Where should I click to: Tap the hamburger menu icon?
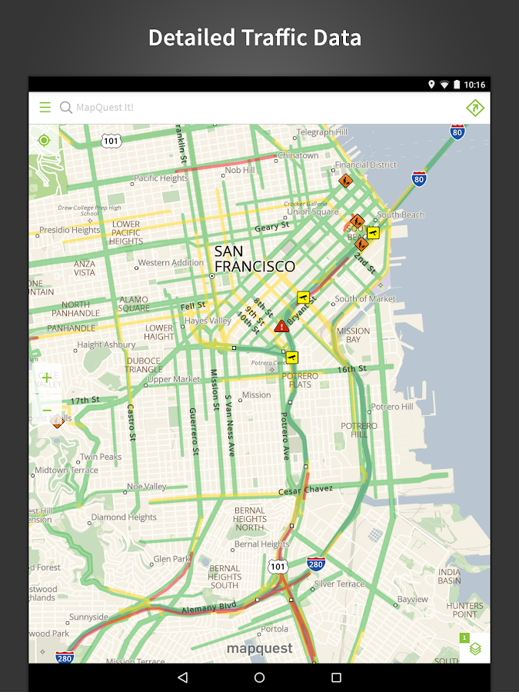[45, 108]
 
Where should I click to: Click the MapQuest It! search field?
[231, 108]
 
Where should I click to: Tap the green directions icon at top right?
[475, 108]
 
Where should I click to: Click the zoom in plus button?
[47, 378]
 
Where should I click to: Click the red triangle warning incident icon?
[281, 326]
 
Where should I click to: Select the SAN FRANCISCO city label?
[254, 259]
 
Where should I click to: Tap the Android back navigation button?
[182, 677]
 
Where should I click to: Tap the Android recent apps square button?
[336, 677]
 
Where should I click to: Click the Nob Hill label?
[239, 170]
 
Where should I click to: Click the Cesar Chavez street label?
[305, 489]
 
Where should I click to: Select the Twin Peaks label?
[100, 457]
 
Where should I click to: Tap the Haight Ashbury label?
[106, 345]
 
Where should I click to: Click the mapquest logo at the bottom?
[259, 649]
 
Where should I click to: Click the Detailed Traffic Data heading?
[255, 38]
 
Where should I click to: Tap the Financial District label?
[366, 165]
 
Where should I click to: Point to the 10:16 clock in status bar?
[474, 85]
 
